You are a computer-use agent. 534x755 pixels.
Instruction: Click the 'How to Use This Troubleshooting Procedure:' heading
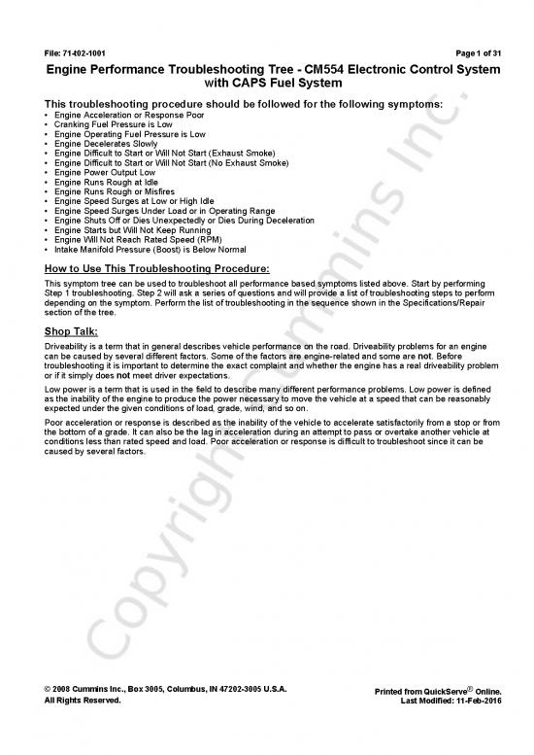pos(156,266)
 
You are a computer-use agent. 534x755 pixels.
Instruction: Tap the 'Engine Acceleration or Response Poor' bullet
pos(122,116)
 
